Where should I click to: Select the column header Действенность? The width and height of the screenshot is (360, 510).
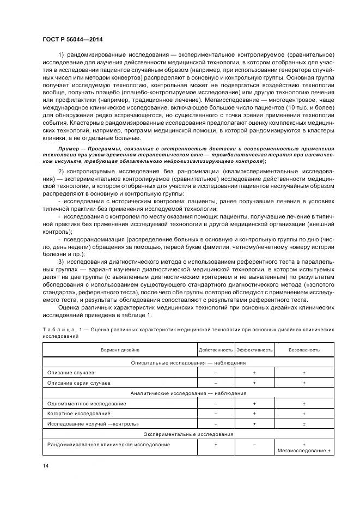216,350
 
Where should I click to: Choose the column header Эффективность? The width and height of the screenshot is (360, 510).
254,350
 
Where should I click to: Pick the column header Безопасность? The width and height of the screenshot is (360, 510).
304,350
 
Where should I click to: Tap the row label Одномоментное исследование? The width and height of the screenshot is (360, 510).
87,403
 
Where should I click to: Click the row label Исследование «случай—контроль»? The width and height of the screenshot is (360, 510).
93,424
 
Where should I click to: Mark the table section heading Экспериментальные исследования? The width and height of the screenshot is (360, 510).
188,434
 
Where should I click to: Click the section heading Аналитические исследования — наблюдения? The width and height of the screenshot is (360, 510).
188,393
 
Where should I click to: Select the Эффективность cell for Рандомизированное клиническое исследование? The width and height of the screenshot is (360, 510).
254,445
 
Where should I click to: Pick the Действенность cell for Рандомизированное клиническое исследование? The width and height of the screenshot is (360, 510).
216,445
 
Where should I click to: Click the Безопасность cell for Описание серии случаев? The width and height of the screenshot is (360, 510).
304,382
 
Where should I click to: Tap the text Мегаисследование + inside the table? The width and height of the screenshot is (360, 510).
304,451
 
